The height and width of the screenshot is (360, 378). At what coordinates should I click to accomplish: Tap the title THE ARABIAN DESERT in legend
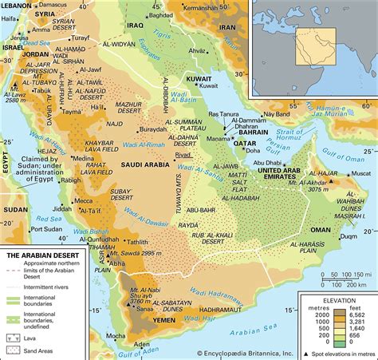[38, 256]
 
